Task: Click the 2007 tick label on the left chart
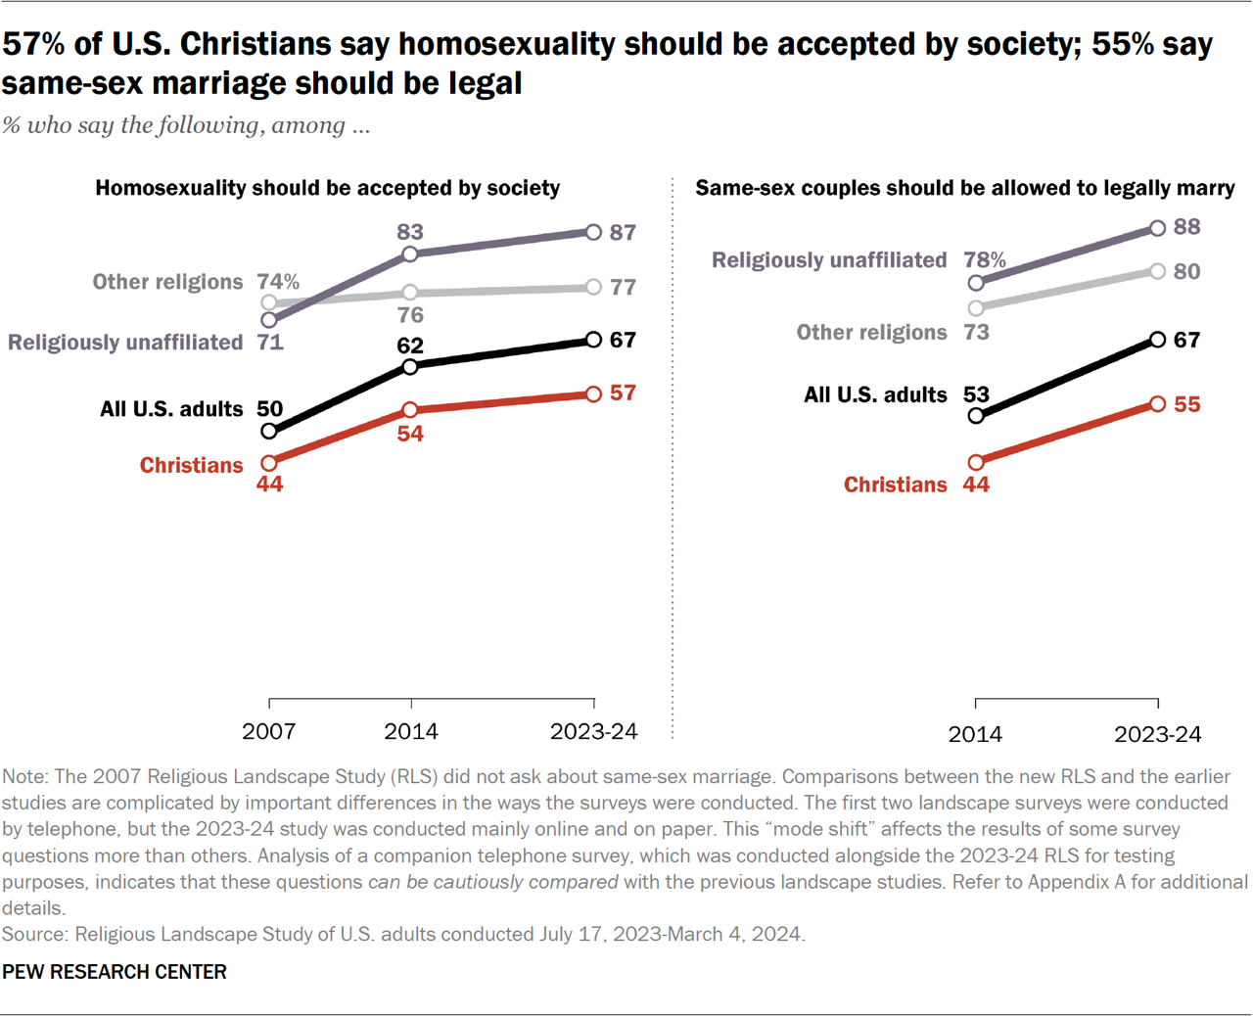pos(269,731)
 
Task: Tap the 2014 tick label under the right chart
pos(975,734)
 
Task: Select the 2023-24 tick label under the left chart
pos(593,731)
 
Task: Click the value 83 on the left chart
pos(410,232)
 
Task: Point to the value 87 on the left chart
pos(623,233)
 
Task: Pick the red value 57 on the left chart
pos(623,393)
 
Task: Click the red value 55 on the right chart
pos(1186,405)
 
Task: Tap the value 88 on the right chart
pos(1186,227)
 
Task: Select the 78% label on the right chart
pos(984,260)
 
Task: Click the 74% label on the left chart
pos(278,282)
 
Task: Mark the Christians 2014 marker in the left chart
pos(410,409)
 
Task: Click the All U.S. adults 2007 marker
pos(269,431)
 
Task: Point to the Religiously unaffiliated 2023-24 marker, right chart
pos(1158,228)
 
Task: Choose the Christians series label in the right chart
pos(895,485)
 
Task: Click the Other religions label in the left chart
pos(167,282)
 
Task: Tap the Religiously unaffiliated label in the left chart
pos(125,343)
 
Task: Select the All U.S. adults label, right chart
pos(875,394)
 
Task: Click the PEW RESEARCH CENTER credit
pos(115,972)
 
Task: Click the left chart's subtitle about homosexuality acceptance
pos(327,188)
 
